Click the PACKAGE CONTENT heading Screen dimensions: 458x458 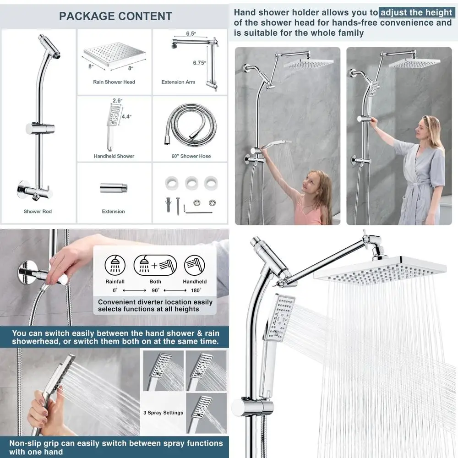pyautogui.click(x=115, y=16)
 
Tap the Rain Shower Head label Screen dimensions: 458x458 pyautogui.click(x=114, y=82)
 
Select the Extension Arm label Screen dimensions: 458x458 pyautogui.click(x=178, y=82)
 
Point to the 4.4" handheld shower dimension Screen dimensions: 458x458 pyautogui.click(x=126, y=116)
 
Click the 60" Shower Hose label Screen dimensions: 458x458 pyautogui.click(x=191, y=156)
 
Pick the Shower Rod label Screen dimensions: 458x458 pyautogui.click(x=38, y=212)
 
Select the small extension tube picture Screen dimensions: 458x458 pyautogui.click(x=113, y=188)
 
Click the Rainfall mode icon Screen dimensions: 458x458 pyautogui.click(x=114, y=265)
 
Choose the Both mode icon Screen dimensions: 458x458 pyautogui.click(x=155, y=265)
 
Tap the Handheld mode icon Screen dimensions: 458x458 pyautogui.click(x=195, y=265)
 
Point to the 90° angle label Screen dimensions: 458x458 pyautogui.click(x=155, y=290)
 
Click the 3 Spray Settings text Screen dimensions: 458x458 pyautogui.click(x=163, y=413)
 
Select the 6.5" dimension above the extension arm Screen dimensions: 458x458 pyautogui.click(x=191, y=34)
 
